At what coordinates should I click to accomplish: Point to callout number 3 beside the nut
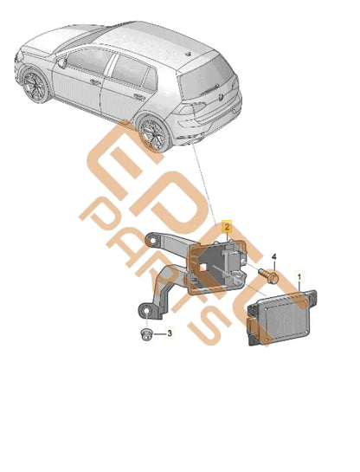(x=170, y=334)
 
